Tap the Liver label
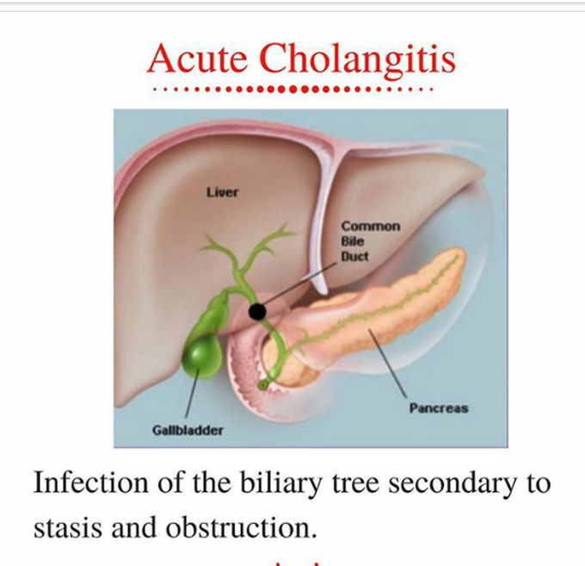222,192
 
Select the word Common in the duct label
371,226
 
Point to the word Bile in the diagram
352,241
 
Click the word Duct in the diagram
354,256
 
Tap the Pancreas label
439,408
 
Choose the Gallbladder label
188,431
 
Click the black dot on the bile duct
257,312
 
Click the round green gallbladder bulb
202,356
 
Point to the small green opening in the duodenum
263,385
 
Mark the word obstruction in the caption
242,527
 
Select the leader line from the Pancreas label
387,363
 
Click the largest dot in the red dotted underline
293,90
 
